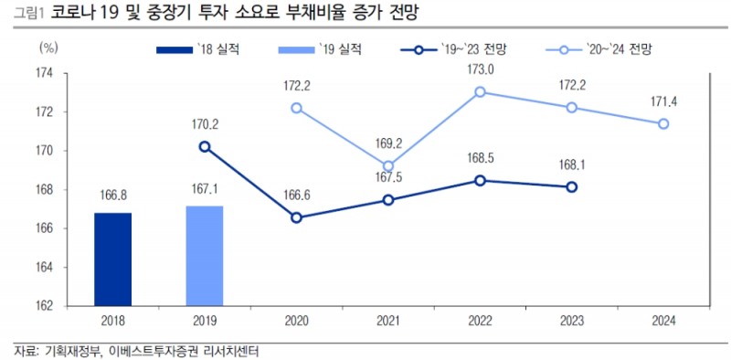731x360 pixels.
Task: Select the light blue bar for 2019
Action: click(x=204, y=256)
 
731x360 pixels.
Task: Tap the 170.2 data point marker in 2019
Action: click(x=204, y=146)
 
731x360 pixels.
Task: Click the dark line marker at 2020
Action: click(x=296, y=217)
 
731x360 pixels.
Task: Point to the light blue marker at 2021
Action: click(x=388, y=166)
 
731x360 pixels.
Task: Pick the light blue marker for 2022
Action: click(x=480, y=91)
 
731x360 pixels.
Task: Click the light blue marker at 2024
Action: click(x=663, y=123)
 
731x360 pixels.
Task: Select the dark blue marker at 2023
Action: click(x=571, y=187)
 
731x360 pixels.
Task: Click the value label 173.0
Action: click(x=480, y=69)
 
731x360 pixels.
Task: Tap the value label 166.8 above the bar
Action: click(x=112, y=194)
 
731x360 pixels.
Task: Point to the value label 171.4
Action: click(x=663, y=101)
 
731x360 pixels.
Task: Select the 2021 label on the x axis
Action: click(x=388, y=322)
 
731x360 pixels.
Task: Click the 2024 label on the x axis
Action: click(x=663, y=322)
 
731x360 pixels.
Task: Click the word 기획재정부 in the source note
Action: click(x=70, y=351)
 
